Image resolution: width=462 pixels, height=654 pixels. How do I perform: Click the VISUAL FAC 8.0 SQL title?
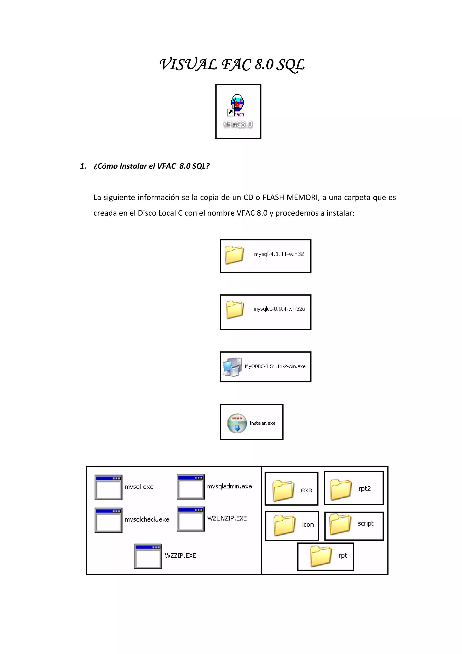pos(232,65)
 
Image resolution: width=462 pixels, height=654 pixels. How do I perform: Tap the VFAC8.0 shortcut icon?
pos(237,105)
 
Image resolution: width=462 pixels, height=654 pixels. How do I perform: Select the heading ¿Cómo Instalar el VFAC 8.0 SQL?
pos(151,166)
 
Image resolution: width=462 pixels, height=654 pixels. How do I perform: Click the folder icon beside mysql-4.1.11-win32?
pos(234,255)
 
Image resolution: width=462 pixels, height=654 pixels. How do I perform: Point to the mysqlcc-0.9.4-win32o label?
pos(279,309)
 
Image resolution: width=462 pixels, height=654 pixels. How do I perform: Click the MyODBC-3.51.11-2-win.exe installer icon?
pos(232,367)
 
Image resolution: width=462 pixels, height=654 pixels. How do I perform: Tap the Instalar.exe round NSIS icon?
pos(237,423)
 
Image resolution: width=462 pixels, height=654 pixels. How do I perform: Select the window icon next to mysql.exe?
pos(109,487)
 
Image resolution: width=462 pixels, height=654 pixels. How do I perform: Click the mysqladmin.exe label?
pos(229,486)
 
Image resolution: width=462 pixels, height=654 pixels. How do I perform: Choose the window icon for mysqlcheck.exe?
pos(109,520)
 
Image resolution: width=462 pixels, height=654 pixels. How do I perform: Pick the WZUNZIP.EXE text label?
pos(227,518)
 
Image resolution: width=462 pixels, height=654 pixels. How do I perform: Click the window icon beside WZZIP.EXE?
pos(148,556)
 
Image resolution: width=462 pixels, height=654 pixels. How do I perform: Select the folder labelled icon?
pos(284,525)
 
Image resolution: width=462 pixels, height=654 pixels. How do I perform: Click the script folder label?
pos(365,523)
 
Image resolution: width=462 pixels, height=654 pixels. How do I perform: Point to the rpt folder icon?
pos(321,556)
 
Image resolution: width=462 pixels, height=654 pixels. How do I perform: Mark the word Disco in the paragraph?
pos(148,213)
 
